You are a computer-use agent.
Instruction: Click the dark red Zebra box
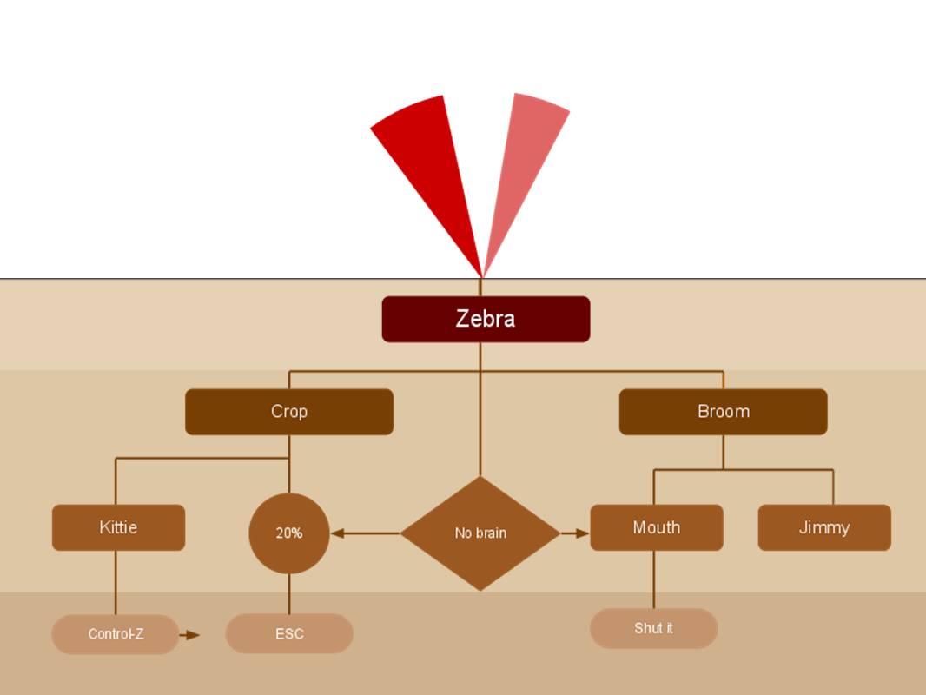tap(486, 319)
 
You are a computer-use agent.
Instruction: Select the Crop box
tap(289, 412)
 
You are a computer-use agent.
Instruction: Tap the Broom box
tap(723, 412)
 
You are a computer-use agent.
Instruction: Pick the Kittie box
tap(118, 527)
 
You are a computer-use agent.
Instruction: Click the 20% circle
tap(289, 533)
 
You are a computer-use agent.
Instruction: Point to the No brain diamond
tap(480, 533)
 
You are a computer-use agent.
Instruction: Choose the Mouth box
tap(656, 527)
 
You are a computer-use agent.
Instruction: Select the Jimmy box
tap(824, 527)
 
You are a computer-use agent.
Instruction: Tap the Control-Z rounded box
tap(116, 634)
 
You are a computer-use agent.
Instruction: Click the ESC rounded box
tap(289, 634)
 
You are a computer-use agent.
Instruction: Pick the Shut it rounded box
tap(653, 628)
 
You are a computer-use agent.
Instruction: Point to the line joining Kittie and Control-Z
tap(116, 582)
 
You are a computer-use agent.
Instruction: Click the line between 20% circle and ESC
tap(289, 593)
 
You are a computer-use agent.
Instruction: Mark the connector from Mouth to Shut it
tap(654, 579)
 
